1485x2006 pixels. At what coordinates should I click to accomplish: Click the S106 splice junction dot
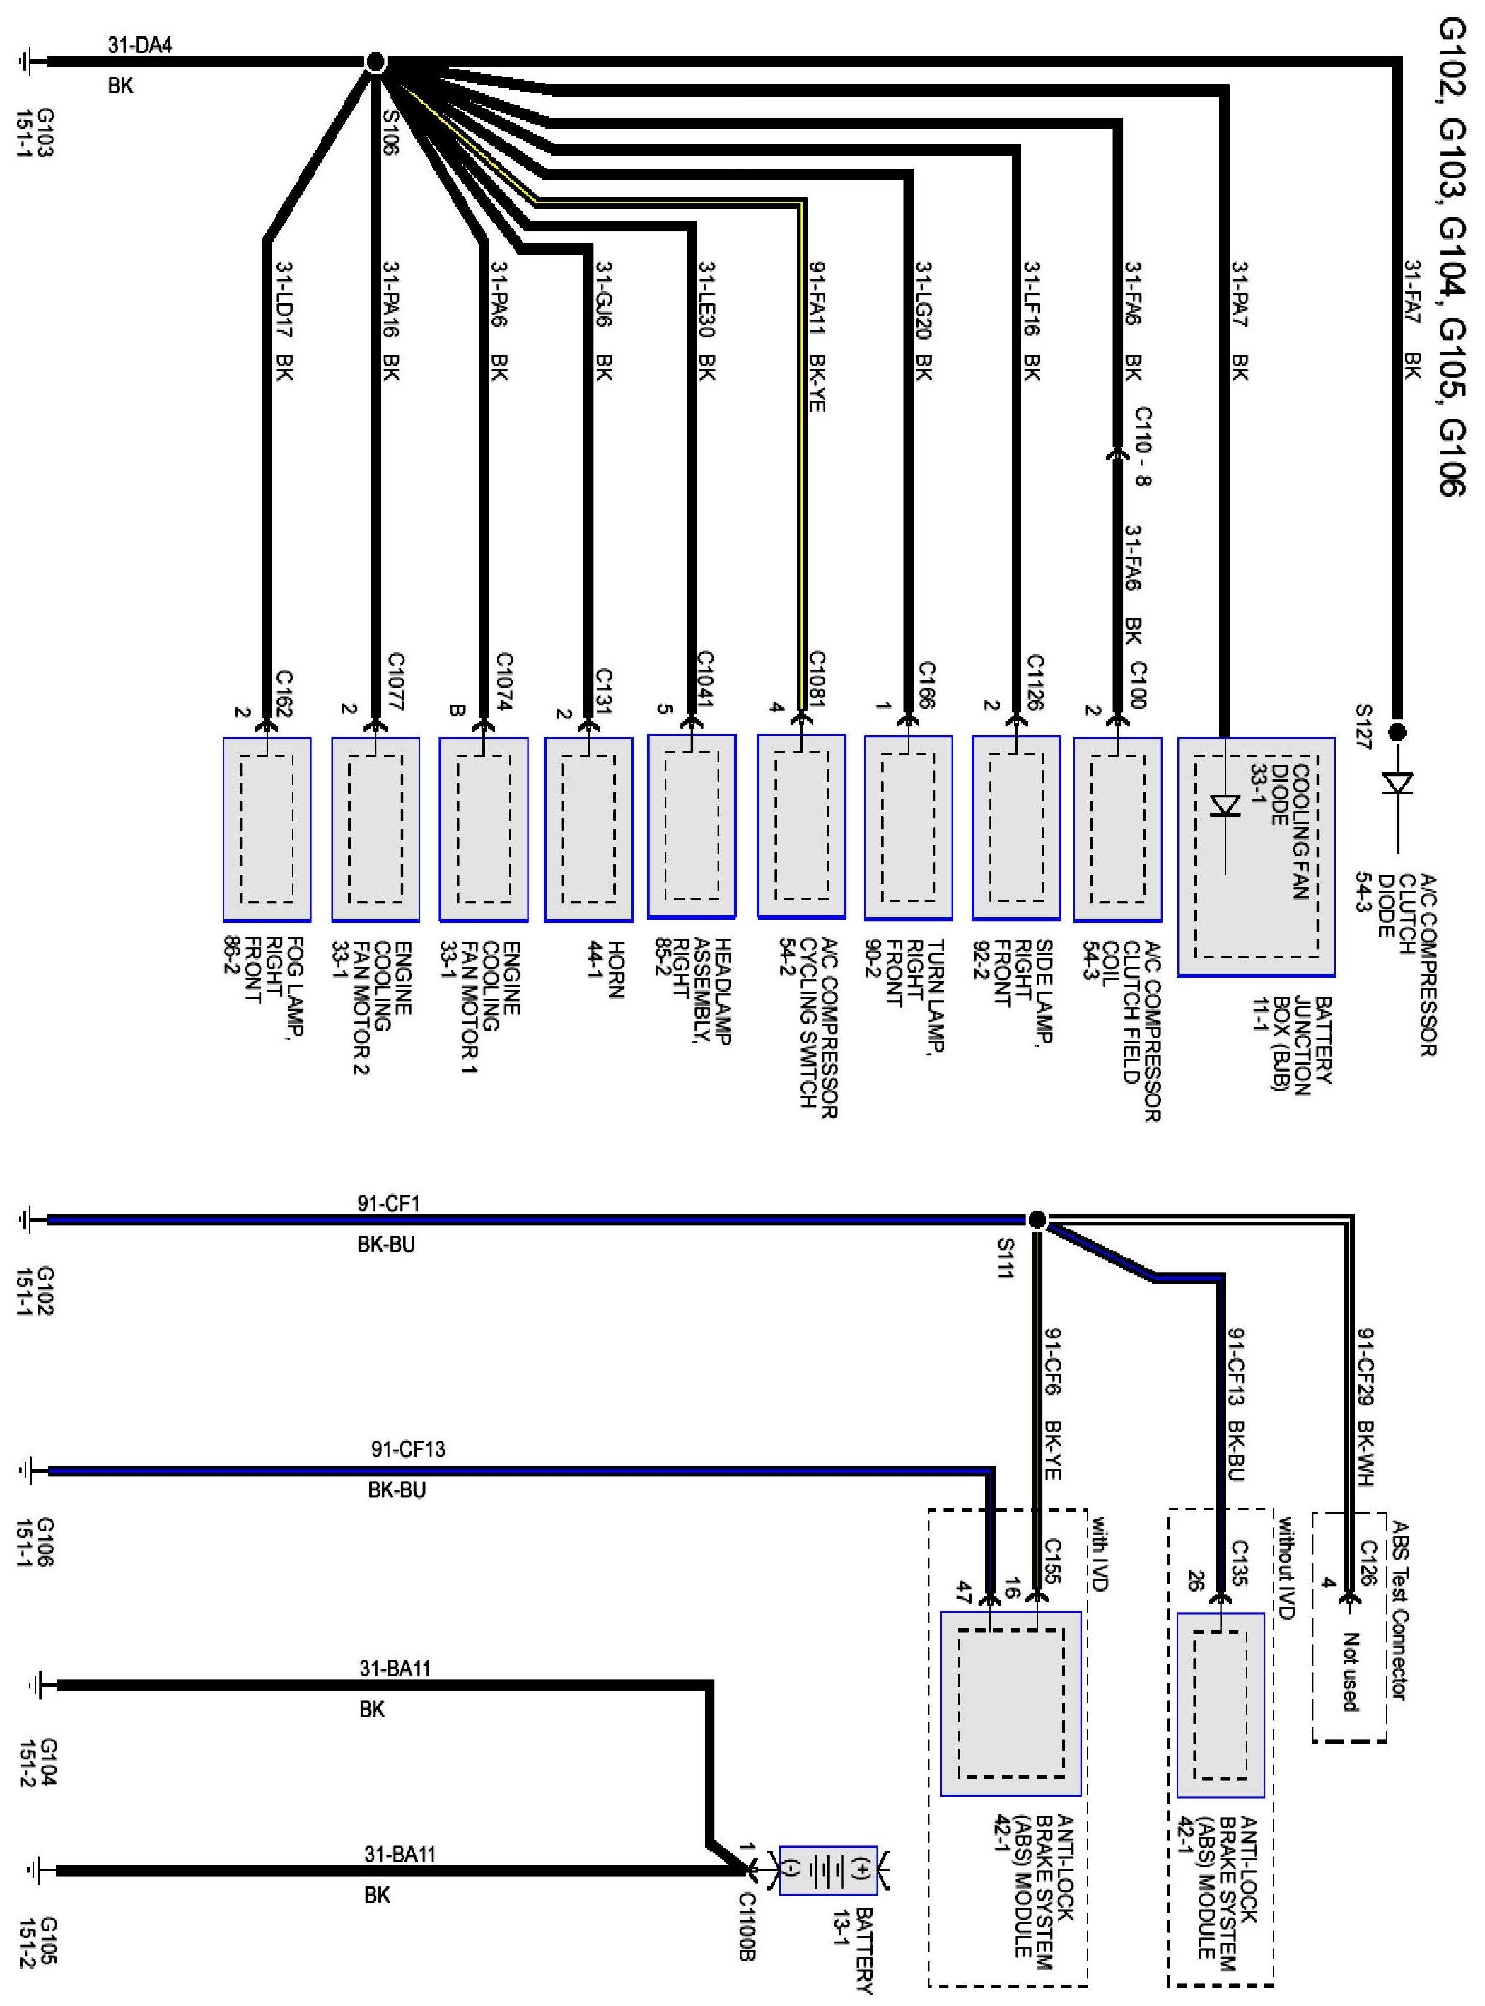[x=375, y=62]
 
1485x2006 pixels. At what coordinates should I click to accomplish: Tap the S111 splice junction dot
[x=1037, y=1219]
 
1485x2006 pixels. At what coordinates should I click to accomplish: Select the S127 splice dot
[x=1397, y=732]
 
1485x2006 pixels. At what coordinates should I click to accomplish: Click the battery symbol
[x=828, y=1871]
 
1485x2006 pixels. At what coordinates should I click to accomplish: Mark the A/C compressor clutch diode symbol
[x=1397, y=784]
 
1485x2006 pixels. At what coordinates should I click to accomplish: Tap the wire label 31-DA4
[x=140, y=46]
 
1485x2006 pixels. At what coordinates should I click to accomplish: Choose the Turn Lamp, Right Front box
[x=908, y=827]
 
